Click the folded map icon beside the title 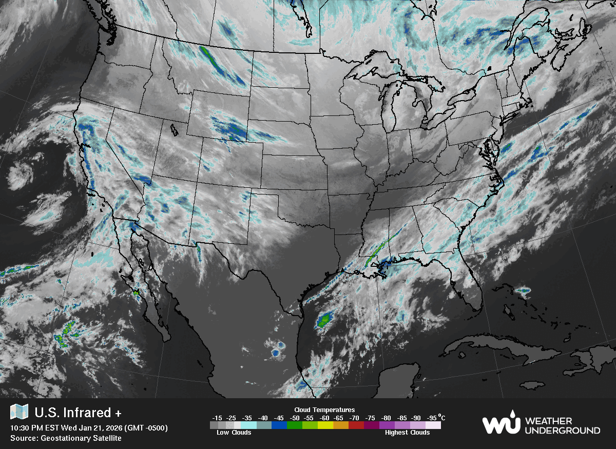click(x=20, y=412)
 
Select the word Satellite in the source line click(x=105, y=438)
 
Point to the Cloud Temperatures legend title click(x=324, y=409)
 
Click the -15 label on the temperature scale click(x=217, y=418)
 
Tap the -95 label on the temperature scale click(x=432, y=418)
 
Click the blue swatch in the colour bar click(x=279, y=425)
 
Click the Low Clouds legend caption click(x=234, y=433)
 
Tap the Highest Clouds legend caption click(x=407, y=433)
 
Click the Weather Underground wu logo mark click(x=500, y=424)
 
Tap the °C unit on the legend click(x=442, y=417)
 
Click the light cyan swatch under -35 click(x=248, y=425)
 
